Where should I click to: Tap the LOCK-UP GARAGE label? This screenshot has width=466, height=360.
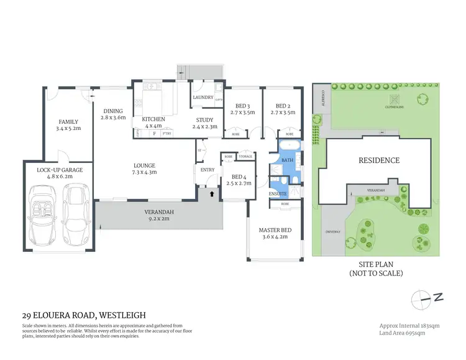(x=60, y=169)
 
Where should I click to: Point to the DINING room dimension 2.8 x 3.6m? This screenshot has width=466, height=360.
(x=114, y=118)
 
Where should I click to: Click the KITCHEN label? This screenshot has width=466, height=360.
(x=153, y=119)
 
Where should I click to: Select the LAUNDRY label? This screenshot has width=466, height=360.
(x=203, y=98)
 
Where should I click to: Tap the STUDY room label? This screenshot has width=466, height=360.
(x=204, y=119)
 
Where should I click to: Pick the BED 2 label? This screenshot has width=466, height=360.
(x=282, y=106)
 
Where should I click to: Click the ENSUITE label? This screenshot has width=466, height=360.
(x=278, y=194)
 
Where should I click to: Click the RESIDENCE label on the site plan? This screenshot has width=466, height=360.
(x=379, y=160)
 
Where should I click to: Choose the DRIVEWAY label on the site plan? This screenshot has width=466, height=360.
(x=332, y=231)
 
